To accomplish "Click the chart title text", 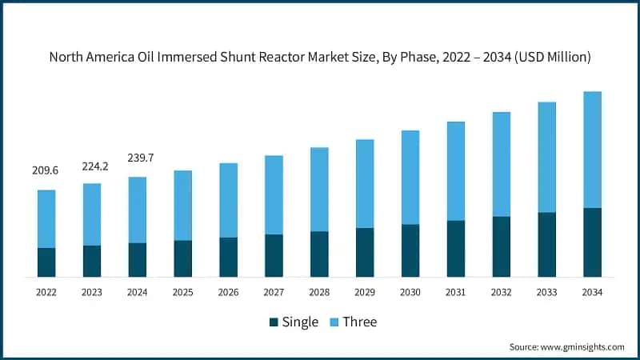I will pyautogui.click(x=320, y=57).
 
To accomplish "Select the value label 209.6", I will pyautogui.click(x=46, y=171).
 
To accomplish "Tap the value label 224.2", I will pyautogui.click(x=92, y=166).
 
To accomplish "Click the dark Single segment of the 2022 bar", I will pyautogui.click(x=46, y=262).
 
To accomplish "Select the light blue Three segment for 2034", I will pyautogui.click(x=593, y=150).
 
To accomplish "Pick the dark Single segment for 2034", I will pyautogui.click(x=593, y=242).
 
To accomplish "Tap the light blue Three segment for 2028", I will pyautogui.click(x=319, y=190).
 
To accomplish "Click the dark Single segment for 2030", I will pyautogui.click(x=410, y=250).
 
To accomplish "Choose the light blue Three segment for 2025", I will pyautogui.click(x=183, y=205).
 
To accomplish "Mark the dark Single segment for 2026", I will pyautogui.click(x=229, y=257).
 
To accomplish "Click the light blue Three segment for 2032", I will pyautogui.click(x=502, y=164).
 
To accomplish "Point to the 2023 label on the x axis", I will pyautogui.click(x=92, y=293).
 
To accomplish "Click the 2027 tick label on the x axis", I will pyautogui.click(x=274, y=293).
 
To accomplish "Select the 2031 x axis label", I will pyautogui.click(x=456, y=293).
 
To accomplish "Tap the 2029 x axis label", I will pyautogui.click(x=365, y=293).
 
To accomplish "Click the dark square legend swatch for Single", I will pyautogui.click(x=274, y=322).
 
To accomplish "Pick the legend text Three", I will pyautogui.click(x=359, y=322).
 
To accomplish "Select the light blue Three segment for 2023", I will pyautogui.click(x=92, y=214).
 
